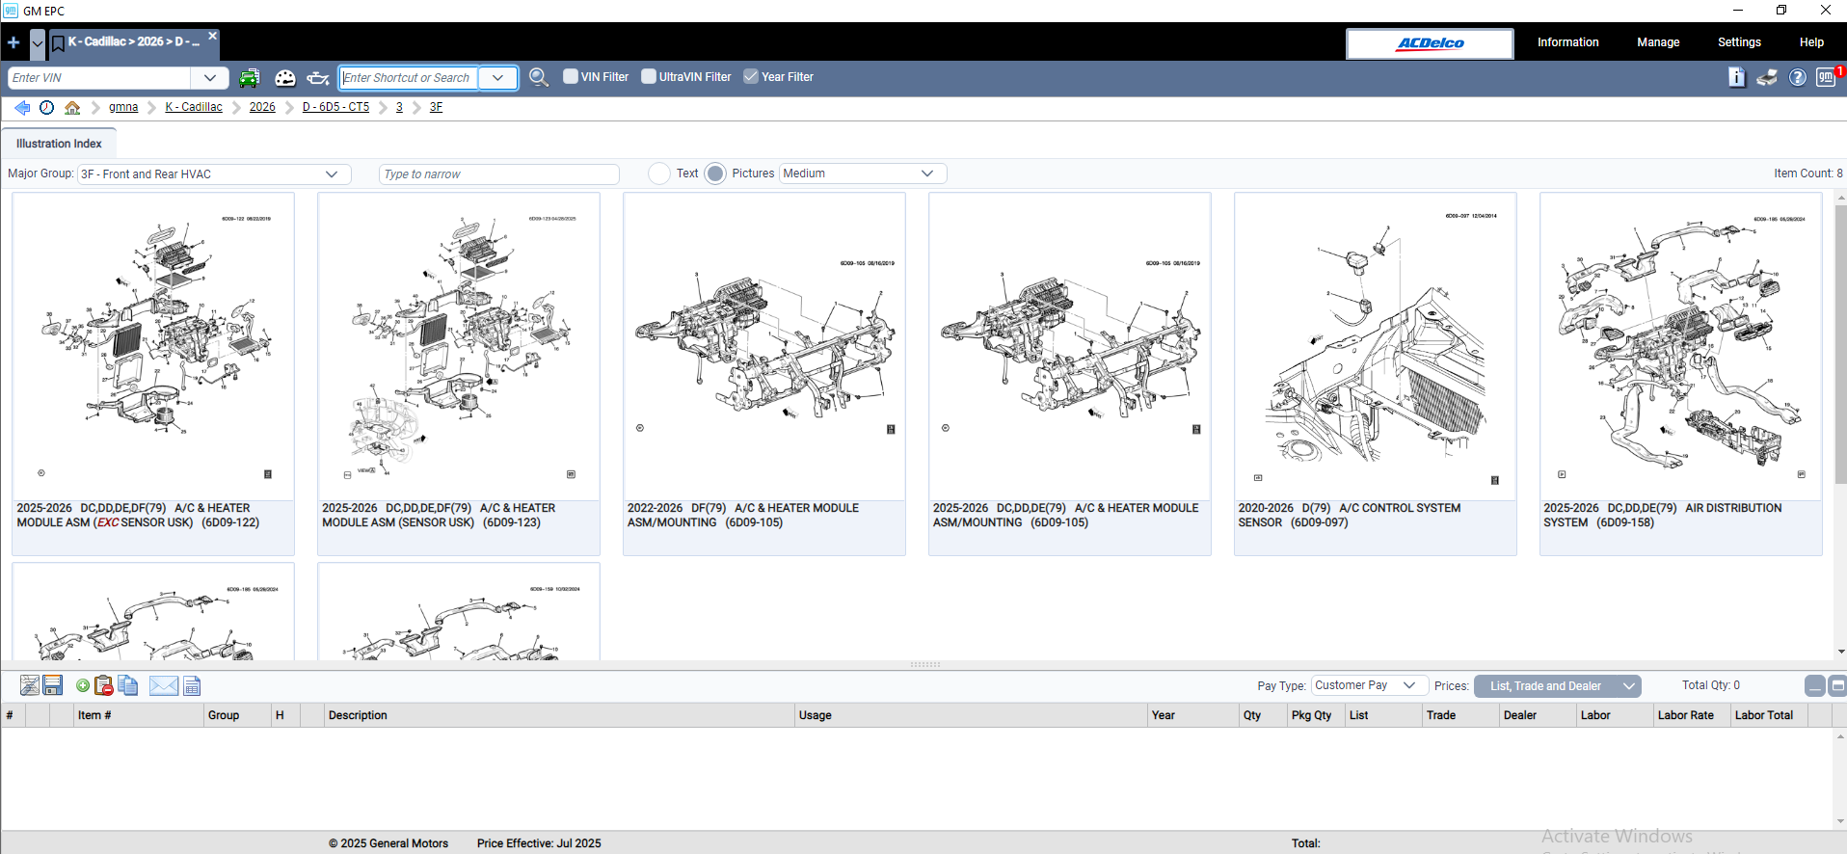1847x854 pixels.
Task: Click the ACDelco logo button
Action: (x=1430, y=43)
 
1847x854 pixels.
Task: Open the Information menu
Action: (x=1567, y=42)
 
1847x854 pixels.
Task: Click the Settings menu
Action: (x=1738, y=42)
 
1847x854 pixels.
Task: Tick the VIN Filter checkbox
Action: (x=571, y=76)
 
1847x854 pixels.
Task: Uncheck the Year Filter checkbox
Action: (x=751, y=76)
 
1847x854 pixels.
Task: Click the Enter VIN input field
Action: (x=100, y=78)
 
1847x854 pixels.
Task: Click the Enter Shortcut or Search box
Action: (x=409, y=78)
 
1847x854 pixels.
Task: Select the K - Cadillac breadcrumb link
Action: (x=194, y=107)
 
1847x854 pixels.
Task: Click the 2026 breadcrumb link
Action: (x=262, y=107)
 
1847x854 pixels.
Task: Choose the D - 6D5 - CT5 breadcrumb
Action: (x=335, y=107)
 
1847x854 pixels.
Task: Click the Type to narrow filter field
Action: (x=498, y=174)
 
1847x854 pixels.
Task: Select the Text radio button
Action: (x=659, y=173)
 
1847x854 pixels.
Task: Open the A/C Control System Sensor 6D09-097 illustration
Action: (x=1375, y=347)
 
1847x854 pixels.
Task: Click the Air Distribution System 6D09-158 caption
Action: (x=1662, y=516)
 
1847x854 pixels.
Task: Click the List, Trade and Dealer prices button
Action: (x=1556, y=686)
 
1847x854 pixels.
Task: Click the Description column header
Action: (x=358, y=715)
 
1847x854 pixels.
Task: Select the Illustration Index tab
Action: (x=59, y=144)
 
